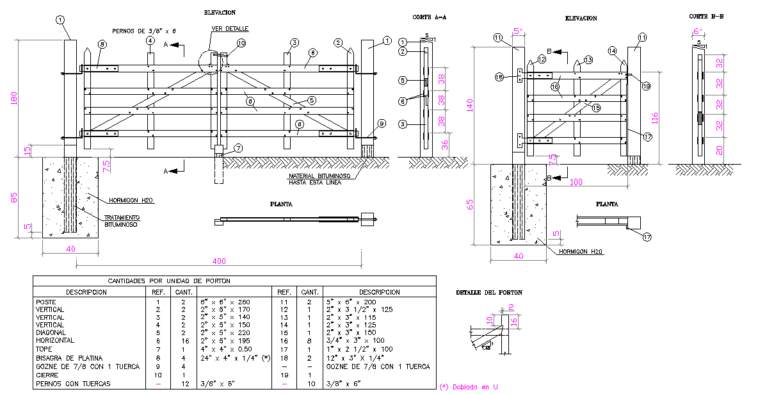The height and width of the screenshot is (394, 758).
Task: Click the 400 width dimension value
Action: [220, 261]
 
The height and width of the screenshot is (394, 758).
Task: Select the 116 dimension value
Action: [653, 118]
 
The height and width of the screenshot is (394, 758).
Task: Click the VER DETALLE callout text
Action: [230, 29]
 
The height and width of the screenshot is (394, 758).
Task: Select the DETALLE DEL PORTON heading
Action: [488, 292]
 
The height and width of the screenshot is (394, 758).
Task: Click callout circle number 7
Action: [238, 149]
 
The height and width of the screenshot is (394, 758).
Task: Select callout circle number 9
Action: [382, 124]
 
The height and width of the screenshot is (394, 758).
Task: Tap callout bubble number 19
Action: [645, 86]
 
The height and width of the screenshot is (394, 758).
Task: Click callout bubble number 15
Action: [596, 108]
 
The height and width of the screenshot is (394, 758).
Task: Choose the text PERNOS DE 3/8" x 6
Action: [143, 30]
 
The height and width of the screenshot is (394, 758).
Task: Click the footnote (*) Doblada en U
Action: [469, 387]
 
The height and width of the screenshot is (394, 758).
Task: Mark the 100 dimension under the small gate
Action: [576, 183]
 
